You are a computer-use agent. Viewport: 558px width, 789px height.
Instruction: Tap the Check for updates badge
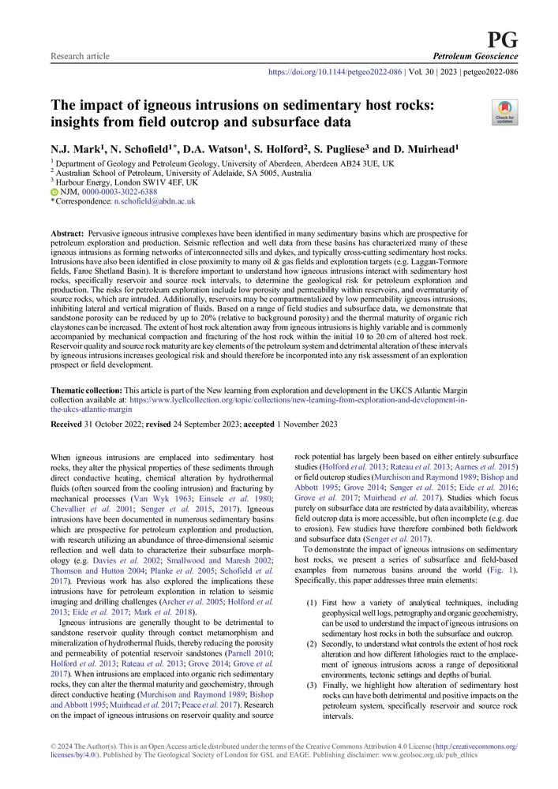504,114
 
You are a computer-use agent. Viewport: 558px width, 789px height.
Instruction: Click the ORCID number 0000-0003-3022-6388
119,192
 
